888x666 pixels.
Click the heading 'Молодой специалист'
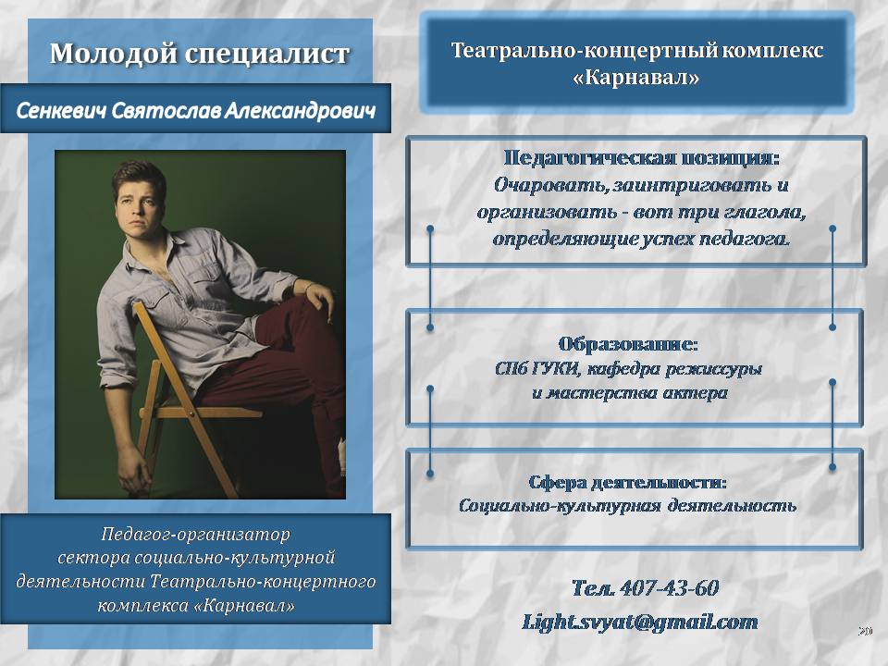click(200, 55)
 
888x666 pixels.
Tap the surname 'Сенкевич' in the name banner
click(61, 111)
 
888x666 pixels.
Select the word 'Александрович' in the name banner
click(300, 111)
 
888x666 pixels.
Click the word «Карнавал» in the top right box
click(636, 77)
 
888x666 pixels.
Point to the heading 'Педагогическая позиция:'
click(641, 157)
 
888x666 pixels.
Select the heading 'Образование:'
click(627, 344)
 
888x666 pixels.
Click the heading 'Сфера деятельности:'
click(627, 483)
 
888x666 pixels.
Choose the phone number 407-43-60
click(669, 588)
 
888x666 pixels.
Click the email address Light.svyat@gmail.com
click(639, 622)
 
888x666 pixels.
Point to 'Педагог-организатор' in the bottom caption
click(195, 534)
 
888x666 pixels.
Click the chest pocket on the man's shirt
click(211, 281)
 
